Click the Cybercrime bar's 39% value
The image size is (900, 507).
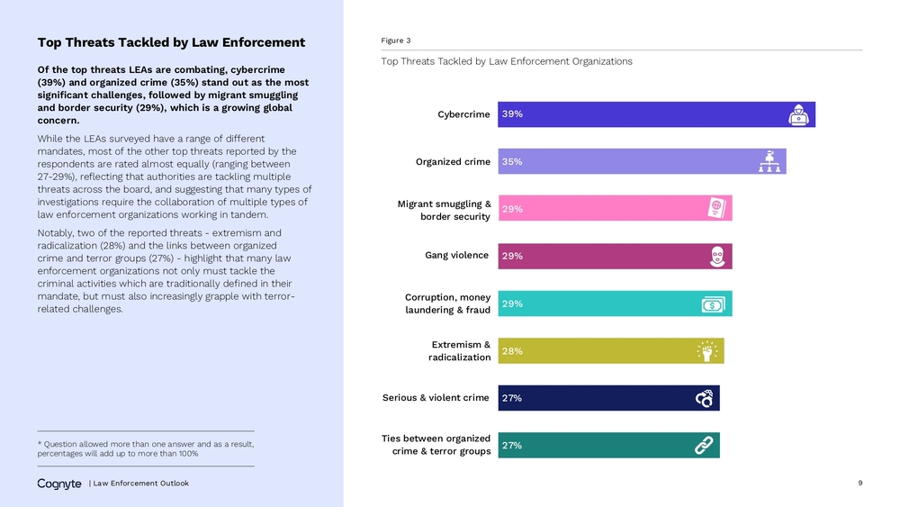[512, 114]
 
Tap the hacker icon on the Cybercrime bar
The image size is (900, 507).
[798, 115]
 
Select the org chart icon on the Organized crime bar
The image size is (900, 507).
[769, 161]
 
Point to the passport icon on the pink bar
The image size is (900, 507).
[717, 208]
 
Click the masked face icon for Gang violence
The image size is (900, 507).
[717, 256]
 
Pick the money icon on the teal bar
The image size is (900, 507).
[713, 304]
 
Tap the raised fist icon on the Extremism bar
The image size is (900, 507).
[707, 351]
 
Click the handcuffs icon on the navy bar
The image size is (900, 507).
[705, 398]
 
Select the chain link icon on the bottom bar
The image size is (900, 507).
[704, 445]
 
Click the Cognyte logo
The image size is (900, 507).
[59, 484]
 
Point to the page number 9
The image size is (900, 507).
[859, 483]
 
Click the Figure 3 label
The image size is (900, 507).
[395, 41]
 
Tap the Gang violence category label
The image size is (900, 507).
[457, 255]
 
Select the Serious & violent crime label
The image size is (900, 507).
[436, 397]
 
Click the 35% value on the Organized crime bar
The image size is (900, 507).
[512, 162]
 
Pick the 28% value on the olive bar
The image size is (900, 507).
[512, 351]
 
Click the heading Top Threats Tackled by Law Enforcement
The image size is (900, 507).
[171, 42]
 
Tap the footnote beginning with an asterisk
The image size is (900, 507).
[146, 448]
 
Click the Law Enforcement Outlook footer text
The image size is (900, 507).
[141, 484]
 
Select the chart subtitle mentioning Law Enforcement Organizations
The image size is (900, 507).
[506, 61]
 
